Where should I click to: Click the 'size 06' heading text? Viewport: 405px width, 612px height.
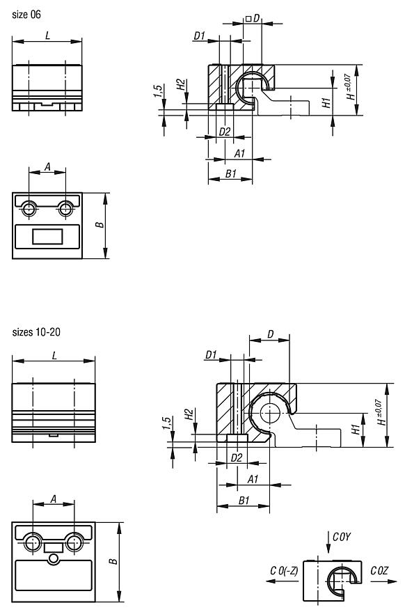point(26,15)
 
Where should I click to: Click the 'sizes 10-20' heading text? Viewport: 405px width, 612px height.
point(36,332)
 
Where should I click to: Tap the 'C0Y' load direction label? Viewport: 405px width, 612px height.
point(342,537)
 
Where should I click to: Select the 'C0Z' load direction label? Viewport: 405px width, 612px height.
point(379,571)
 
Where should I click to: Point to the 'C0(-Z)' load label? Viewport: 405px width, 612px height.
point(284,571)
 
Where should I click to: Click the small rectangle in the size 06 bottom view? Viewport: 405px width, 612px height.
point(47,237)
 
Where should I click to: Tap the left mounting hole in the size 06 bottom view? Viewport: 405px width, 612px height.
point(29,209)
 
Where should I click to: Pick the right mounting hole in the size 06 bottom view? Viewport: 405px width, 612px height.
point(65,209)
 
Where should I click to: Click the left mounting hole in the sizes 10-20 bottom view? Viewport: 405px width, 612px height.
point(33,542)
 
